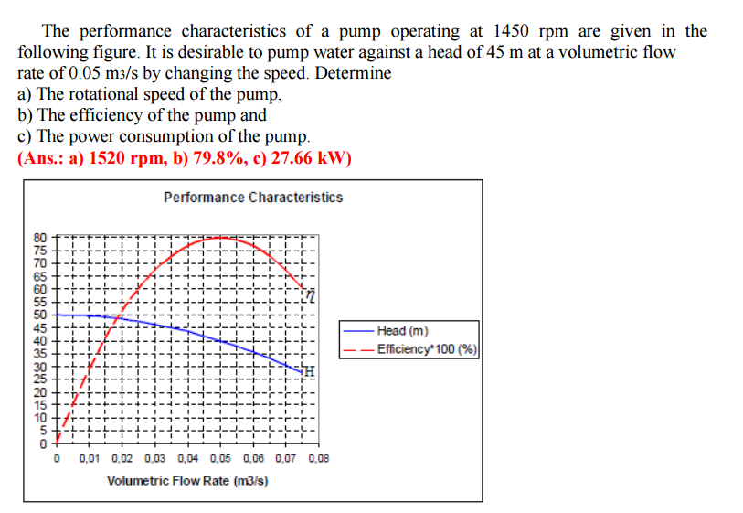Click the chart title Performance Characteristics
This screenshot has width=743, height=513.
click(x=253, y=198)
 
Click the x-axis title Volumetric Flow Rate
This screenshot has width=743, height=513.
click(x=187, y=480)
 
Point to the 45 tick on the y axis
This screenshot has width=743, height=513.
click(x=39, y=327)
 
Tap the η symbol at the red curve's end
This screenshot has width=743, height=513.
click(x=311, y=294)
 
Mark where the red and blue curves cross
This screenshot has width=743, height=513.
click(x=120, y=318)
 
